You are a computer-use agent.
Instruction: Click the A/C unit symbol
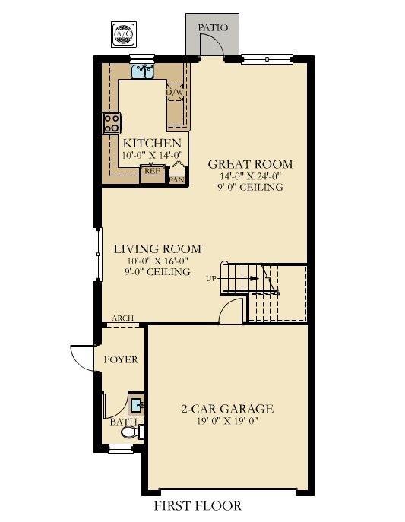click(123, 34)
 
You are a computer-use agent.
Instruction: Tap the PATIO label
click(213, 27)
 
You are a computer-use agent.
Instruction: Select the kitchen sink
click(142, 71)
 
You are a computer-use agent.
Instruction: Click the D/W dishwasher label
click(174, 93)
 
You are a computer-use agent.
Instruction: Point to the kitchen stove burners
click(112, 123)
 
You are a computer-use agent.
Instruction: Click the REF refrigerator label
click(153, 171)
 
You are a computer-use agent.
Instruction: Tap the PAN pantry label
click(177, 180)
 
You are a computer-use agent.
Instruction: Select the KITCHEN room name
click(152, 144)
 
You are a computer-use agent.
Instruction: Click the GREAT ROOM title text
click(250, 164)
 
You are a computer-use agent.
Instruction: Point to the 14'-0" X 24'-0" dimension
click(250, 176)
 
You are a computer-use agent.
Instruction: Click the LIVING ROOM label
click(157, 249)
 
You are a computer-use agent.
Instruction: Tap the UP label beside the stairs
click(211, 279)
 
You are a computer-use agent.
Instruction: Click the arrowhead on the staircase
click(255, 278)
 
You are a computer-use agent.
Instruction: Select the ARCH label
click(123, 318)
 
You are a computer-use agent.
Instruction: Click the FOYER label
click(121, 360)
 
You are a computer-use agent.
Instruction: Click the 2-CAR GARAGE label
click(227, 409)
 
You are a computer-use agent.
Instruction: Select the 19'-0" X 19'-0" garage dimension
click(227, 421)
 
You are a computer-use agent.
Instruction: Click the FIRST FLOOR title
click(198, 506)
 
